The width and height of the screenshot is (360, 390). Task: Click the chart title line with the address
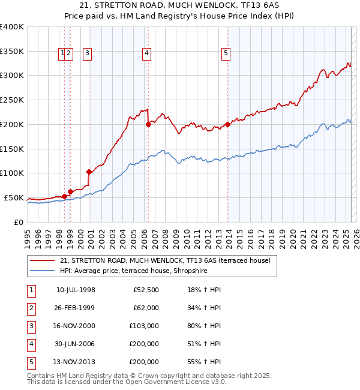point(180,7)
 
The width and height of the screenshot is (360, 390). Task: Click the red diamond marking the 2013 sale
point(228,125)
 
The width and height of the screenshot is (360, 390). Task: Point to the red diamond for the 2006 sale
point(148,125)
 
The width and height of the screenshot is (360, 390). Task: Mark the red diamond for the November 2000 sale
point(89,172)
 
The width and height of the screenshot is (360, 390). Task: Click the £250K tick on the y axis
point(12,100)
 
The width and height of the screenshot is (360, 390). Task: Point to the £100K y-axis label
point(12,173)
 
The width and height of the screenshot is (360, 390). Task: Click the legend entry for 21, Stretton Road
point(165,260)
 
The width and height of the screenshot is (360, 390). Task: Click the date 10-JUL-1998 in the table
point(76,290)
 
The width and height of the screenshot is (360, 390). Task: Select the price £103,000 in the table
point(144,326)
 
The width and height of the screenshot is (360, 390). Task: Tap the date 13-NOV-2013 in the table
point(76,362)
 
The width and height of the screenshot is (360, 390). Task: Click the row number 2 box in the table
point(31,308)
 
